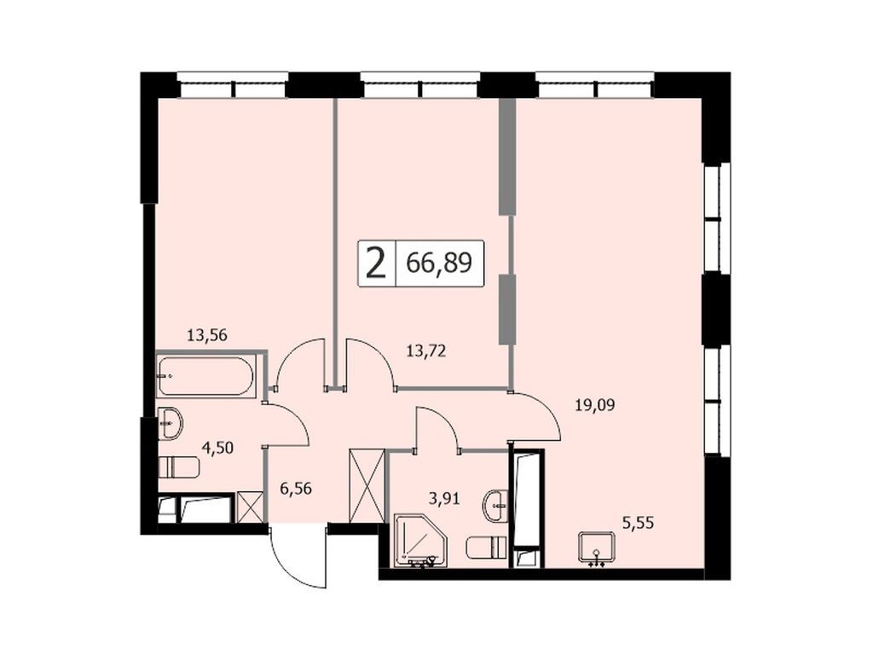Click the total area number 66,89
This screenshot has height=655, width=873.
click(x=439, y=263)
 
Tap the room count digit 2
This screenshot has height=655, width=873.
click(x=376, y=263)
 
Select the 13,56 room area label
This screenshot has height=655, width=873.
click(x=208, y=335)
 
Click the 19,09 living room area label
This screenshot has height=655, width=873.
click(x=594, y=404)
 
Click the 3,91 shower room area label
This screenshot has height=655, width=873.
click(x=443, y=498)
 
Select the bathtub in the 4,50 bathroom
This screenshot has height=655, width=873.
click(x=205, y=376)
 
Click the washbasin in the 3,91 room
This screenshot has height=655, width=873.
click(x=496, y=506)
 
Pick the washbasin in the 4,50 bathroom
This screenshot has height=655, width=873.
click(x=170, y=424)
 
